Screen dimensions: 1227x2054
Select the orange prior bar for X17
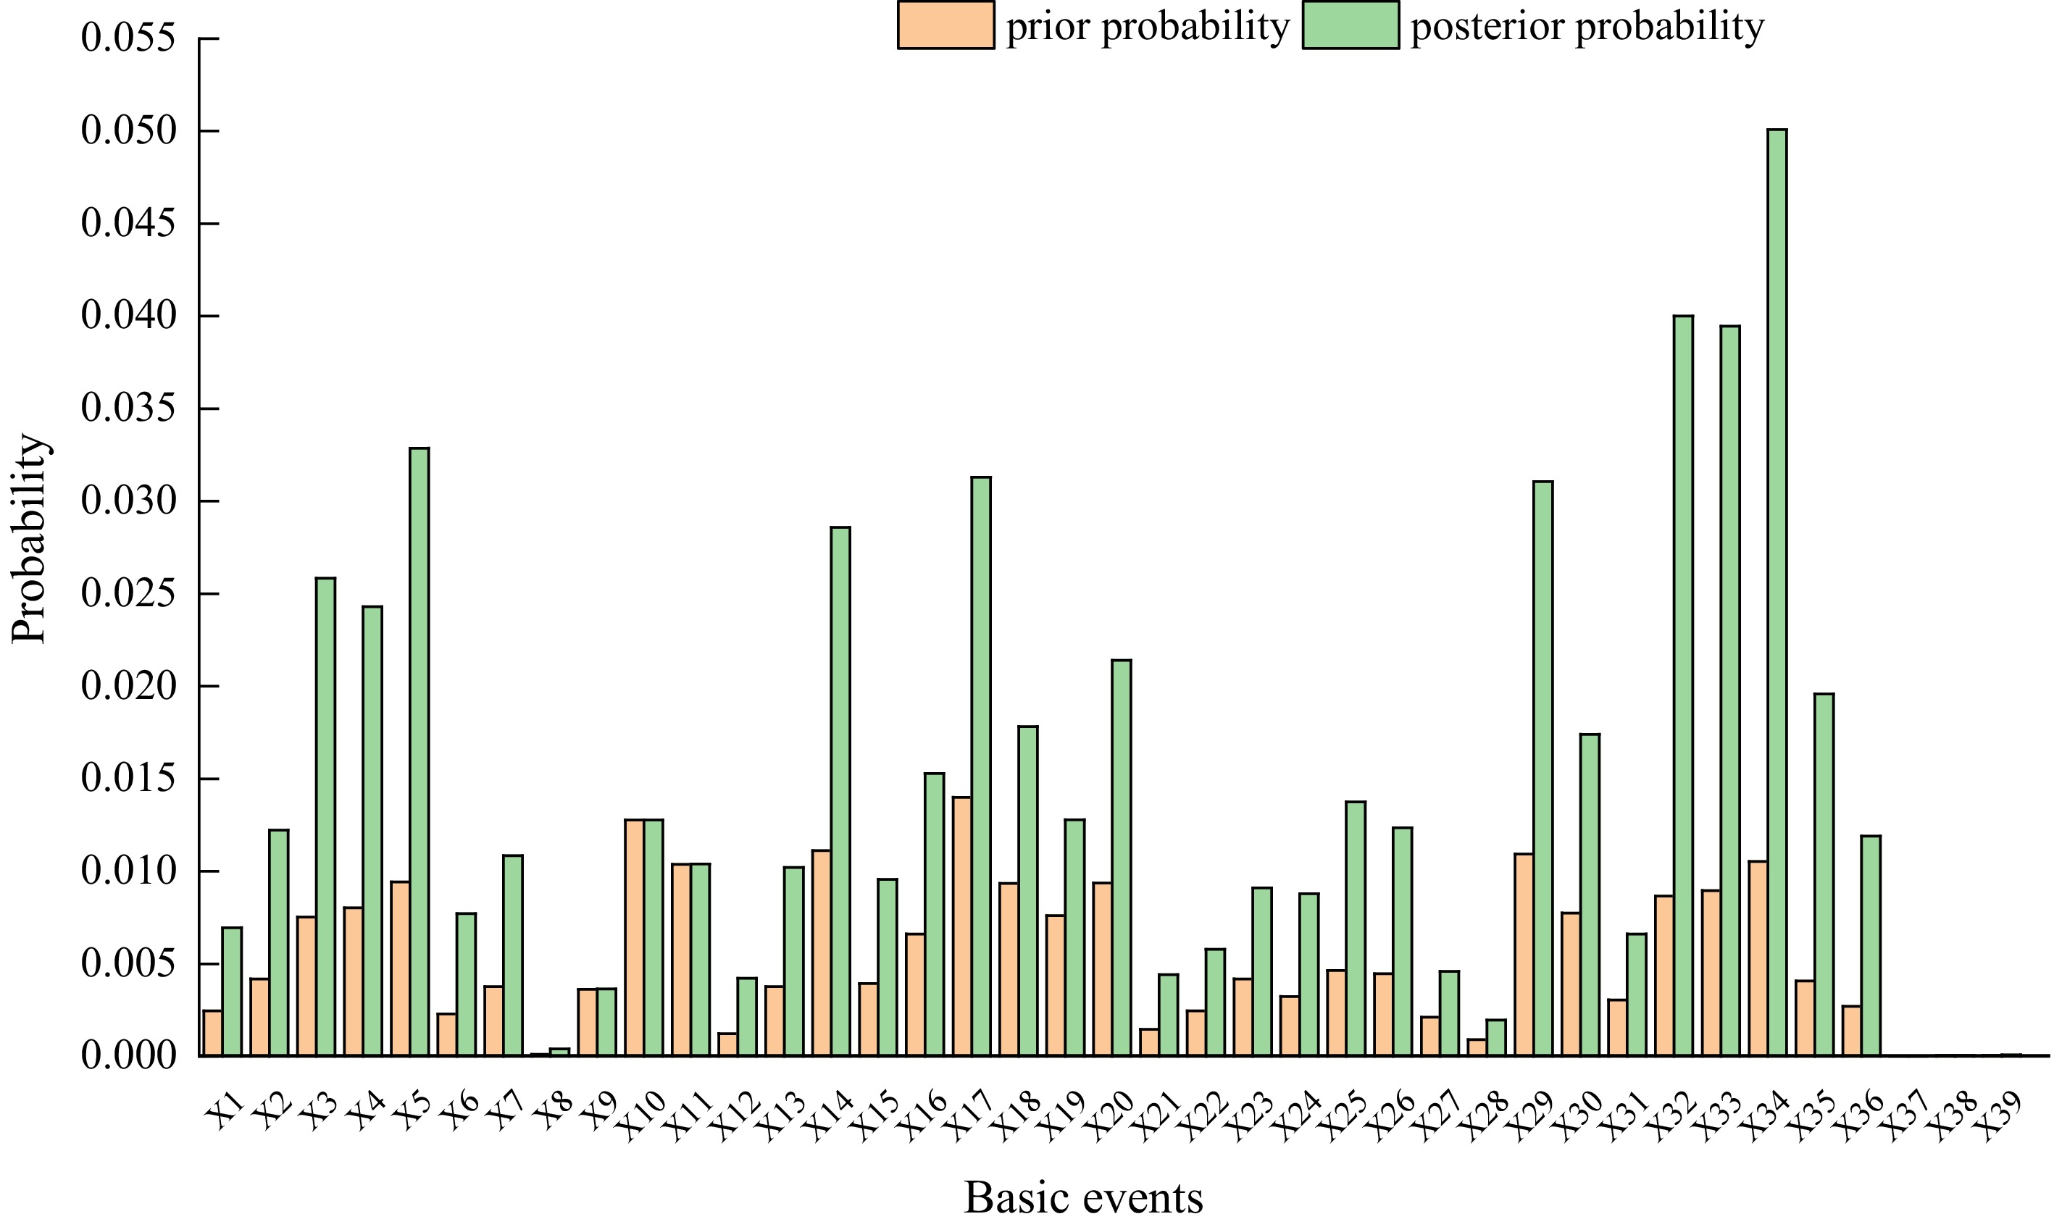961,926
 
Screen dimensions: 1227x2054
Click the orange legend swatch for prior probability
945,25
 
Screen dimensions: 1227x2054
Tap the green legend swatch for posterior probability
1350,25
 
